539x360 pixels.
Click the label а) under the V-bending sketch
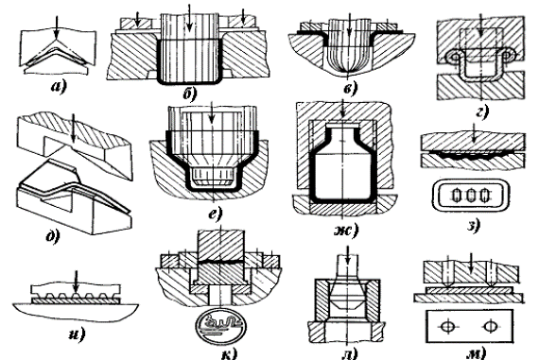(x=59, y=87)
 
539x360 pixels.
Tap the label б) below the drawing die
(x=190, y=94)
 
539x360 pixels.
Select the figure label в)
(x=351, y=88)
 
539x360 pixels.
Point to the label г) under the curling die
(x=482, y=111)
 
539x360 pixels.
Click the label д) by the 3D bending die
(x=53, y=236)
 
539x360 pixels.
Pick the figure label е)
(x=216, y=213)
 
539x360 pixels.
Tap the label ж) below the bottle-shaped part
(x=346, y=230)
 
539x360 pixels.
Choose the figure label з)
(x=474, y=225)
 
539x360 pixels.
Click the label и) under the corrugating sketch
(x=77, y=333)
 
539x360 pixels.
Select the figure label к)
(x=229, y=353)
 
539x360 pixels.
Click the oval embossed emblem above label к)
(x=220, y=325)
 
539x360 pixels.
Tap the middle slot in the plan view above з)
(x=471, y=196)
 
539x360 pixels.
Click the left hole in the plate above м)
(x=447, y=326)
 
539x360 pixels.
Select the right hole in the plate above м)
(x=490, y=326)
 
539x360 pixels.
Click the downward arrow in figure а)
(x=57, y=28)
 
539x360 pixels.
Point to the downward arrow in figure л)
(x=348, y=256)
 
